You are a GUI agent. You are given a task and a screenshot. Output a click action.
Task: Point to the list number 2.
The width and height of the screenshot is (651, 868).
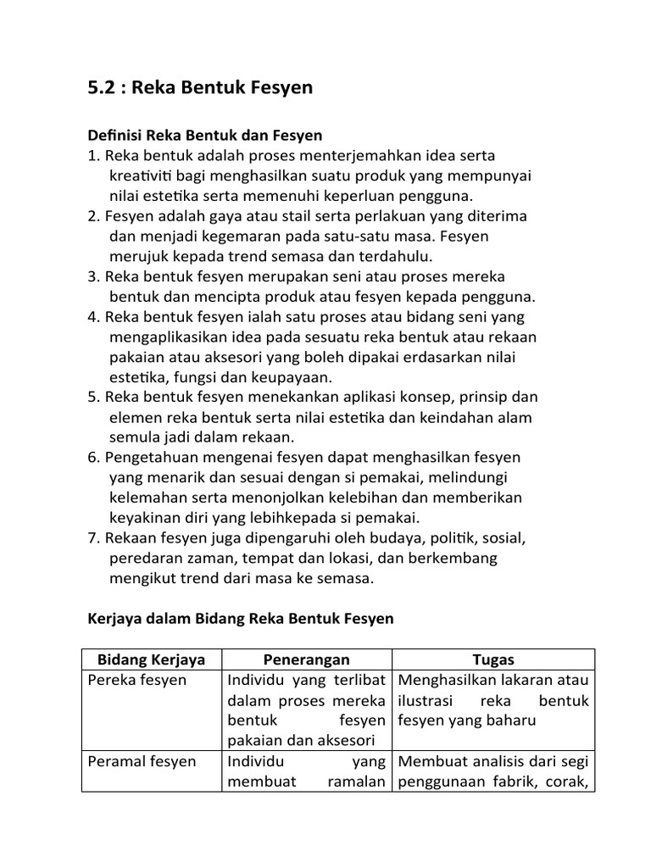point(93,216)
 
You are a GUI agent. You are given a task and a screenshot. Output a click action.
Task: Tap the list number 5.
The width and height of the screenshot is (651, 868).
point(93,397)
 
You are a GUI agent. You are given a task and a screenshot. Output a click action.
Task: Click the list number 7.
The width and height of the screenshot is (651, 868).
point(93,538)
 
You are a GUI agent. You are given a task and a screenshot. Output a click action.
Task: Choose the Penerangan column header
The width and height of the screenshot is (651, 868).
point(306,659)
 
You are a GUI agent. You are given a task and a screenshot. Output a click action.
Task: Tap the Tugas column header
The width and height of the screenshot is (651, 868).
point(493,659)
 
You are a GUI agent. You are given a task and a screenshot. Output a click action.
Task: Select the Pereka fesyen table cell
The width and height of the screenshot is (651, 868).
point(137,681)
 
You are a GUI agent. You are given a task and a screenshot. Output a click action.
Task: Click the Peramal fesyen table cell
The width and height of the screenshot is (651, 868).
point(142,761)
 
